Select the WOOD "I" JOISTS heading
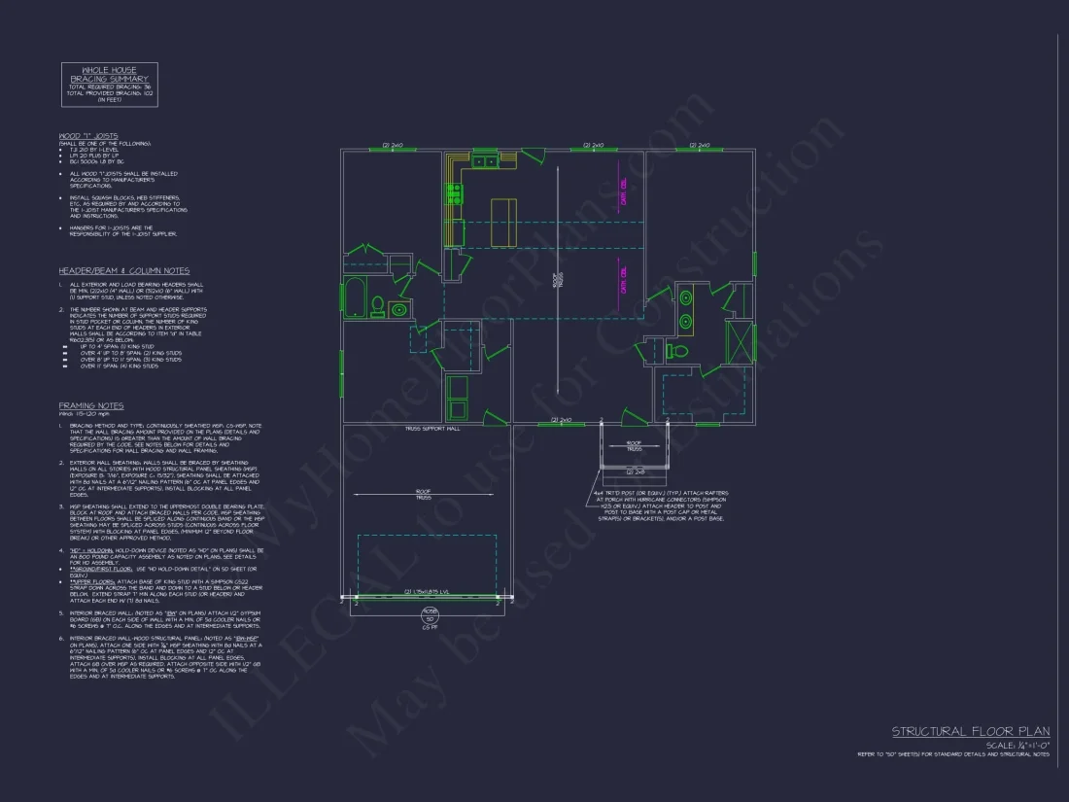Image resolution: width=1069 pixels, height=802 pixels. [88, 135]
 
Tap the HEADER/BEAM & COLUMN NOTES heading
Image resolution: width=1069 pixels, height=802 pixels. [123, 271]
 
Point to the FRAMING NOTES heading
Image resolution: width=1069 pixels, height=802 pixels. [90, 405]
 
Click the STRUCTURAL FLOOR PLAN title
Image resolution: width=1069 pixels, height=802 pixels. [970, 731]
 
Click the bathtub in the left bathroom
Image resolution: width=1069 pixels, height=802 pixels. [355, 296]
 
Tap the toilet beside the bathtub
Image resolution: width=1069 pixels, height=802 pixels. [377, 304]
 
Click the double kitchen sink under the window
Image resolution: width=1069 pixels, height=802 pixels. [485, 161]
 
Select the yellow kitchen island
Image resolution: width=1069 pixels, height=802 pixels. [504, 223]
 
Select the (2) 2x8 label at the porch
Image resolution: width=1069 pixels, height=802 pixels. [635, 471]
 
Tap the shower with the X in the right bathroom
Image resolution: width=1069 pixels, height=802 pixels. [741, 340]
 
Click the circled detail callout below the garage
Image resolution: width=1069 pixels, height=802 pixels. [428, 617]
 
